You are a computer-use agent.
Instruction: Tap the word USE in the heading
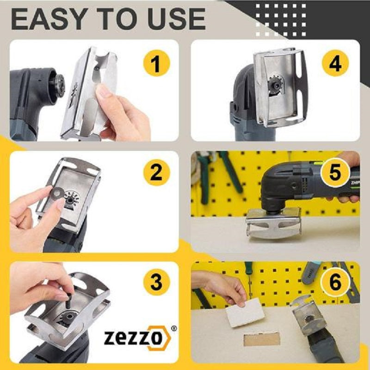(177, 19)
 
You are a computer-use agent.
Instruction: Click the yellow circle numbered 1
(156, 63)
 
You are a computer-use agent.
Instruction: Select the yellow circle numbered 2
(156, 173)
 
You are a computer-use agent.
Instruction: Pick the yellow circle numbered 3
(156, 282)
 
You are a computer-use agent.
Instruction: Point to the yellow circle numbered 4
(335, 63)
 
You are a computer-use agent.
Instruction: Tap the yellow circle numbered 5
(335, 173)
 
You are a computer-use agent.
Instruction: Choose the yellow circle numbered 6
(335, 282)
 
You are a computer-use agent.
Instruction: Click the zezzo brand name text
(133, 338)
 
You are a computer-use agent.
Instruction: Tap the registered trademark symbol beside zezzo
(174, 328)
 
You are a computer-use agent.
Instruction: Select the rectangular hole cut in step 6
(262, 339)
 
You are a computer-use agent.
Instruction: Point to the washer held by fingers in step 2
(57, 193)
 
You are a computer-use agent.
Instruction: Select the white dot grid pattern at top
(281, 20)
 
